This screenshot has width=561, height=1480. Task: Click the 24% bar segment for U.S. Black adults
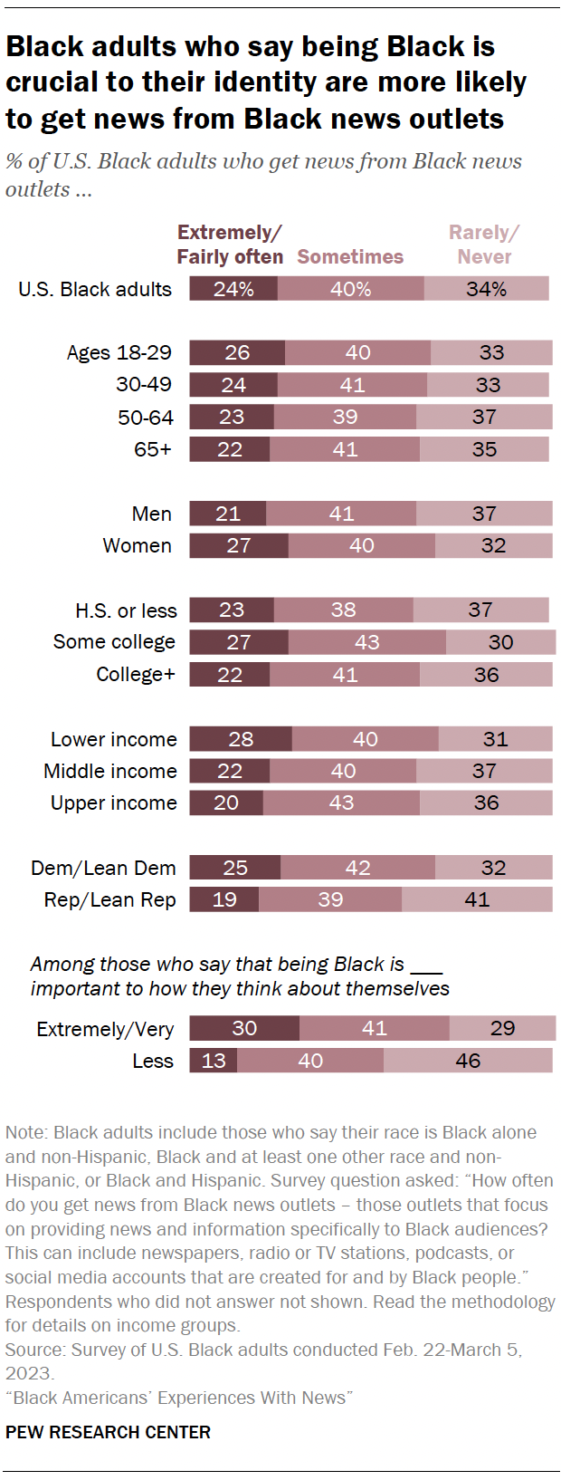pyautogui.click(x=233, y=289)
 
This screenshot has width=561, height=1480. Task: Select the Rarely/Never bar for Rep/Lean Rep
pyautogui.click(x=477, y=899)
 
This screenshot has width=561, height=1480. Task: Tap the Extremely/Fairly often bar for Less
pyautogui.click(x=214, y=1061)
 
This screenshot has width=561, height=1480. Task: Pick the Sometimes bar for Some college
pyautogui.click(x=366, y=642)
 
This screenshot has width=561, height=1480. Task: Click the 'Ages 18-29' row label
pyautogui.click(x=119, y=352)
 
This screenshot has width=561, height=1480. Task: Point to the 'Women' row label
pyautogui.click(x=137, y=545)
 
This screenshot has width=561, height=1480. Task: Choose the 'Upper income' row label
pyautogui.click(x=113, y=802)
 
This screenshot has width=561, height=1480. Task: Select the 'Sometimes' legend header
pyautogui.click(x=350, y=257)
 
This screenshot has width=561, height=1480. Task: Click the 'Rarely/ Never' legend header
pyautogui.click(x=484, y=245)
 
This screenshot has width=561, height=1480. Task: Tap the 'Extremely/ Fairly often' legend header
pyautogui.click(x=230, y=245)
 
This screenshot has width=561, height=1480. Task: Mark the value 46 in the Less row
pyautogui.click(x=468, y=1061)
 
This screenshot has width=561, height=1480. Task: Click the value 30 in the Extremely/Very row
pyautogui.click(x=244, y=1028)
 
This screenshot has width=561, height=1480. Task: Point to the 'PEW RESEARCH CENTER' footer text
pyautogui.click(x=108, y=1432)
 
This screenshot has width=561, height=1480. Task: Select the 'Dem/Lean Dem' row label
pyautogui.click(x=103, y=868)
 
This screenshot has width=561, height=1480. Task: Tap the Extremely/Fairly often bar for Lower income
pyautogui.click(x=241, y=739)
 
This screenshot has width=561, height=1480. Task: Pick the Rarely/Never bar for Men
pyautogui.click(x=484, y=514)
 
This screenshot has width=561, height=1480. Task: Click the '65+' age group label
pyautogui.click(x=153, y=449)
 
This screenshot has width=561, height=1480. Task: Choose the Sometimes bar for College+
pyautogui.click(x=345, y=675)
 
